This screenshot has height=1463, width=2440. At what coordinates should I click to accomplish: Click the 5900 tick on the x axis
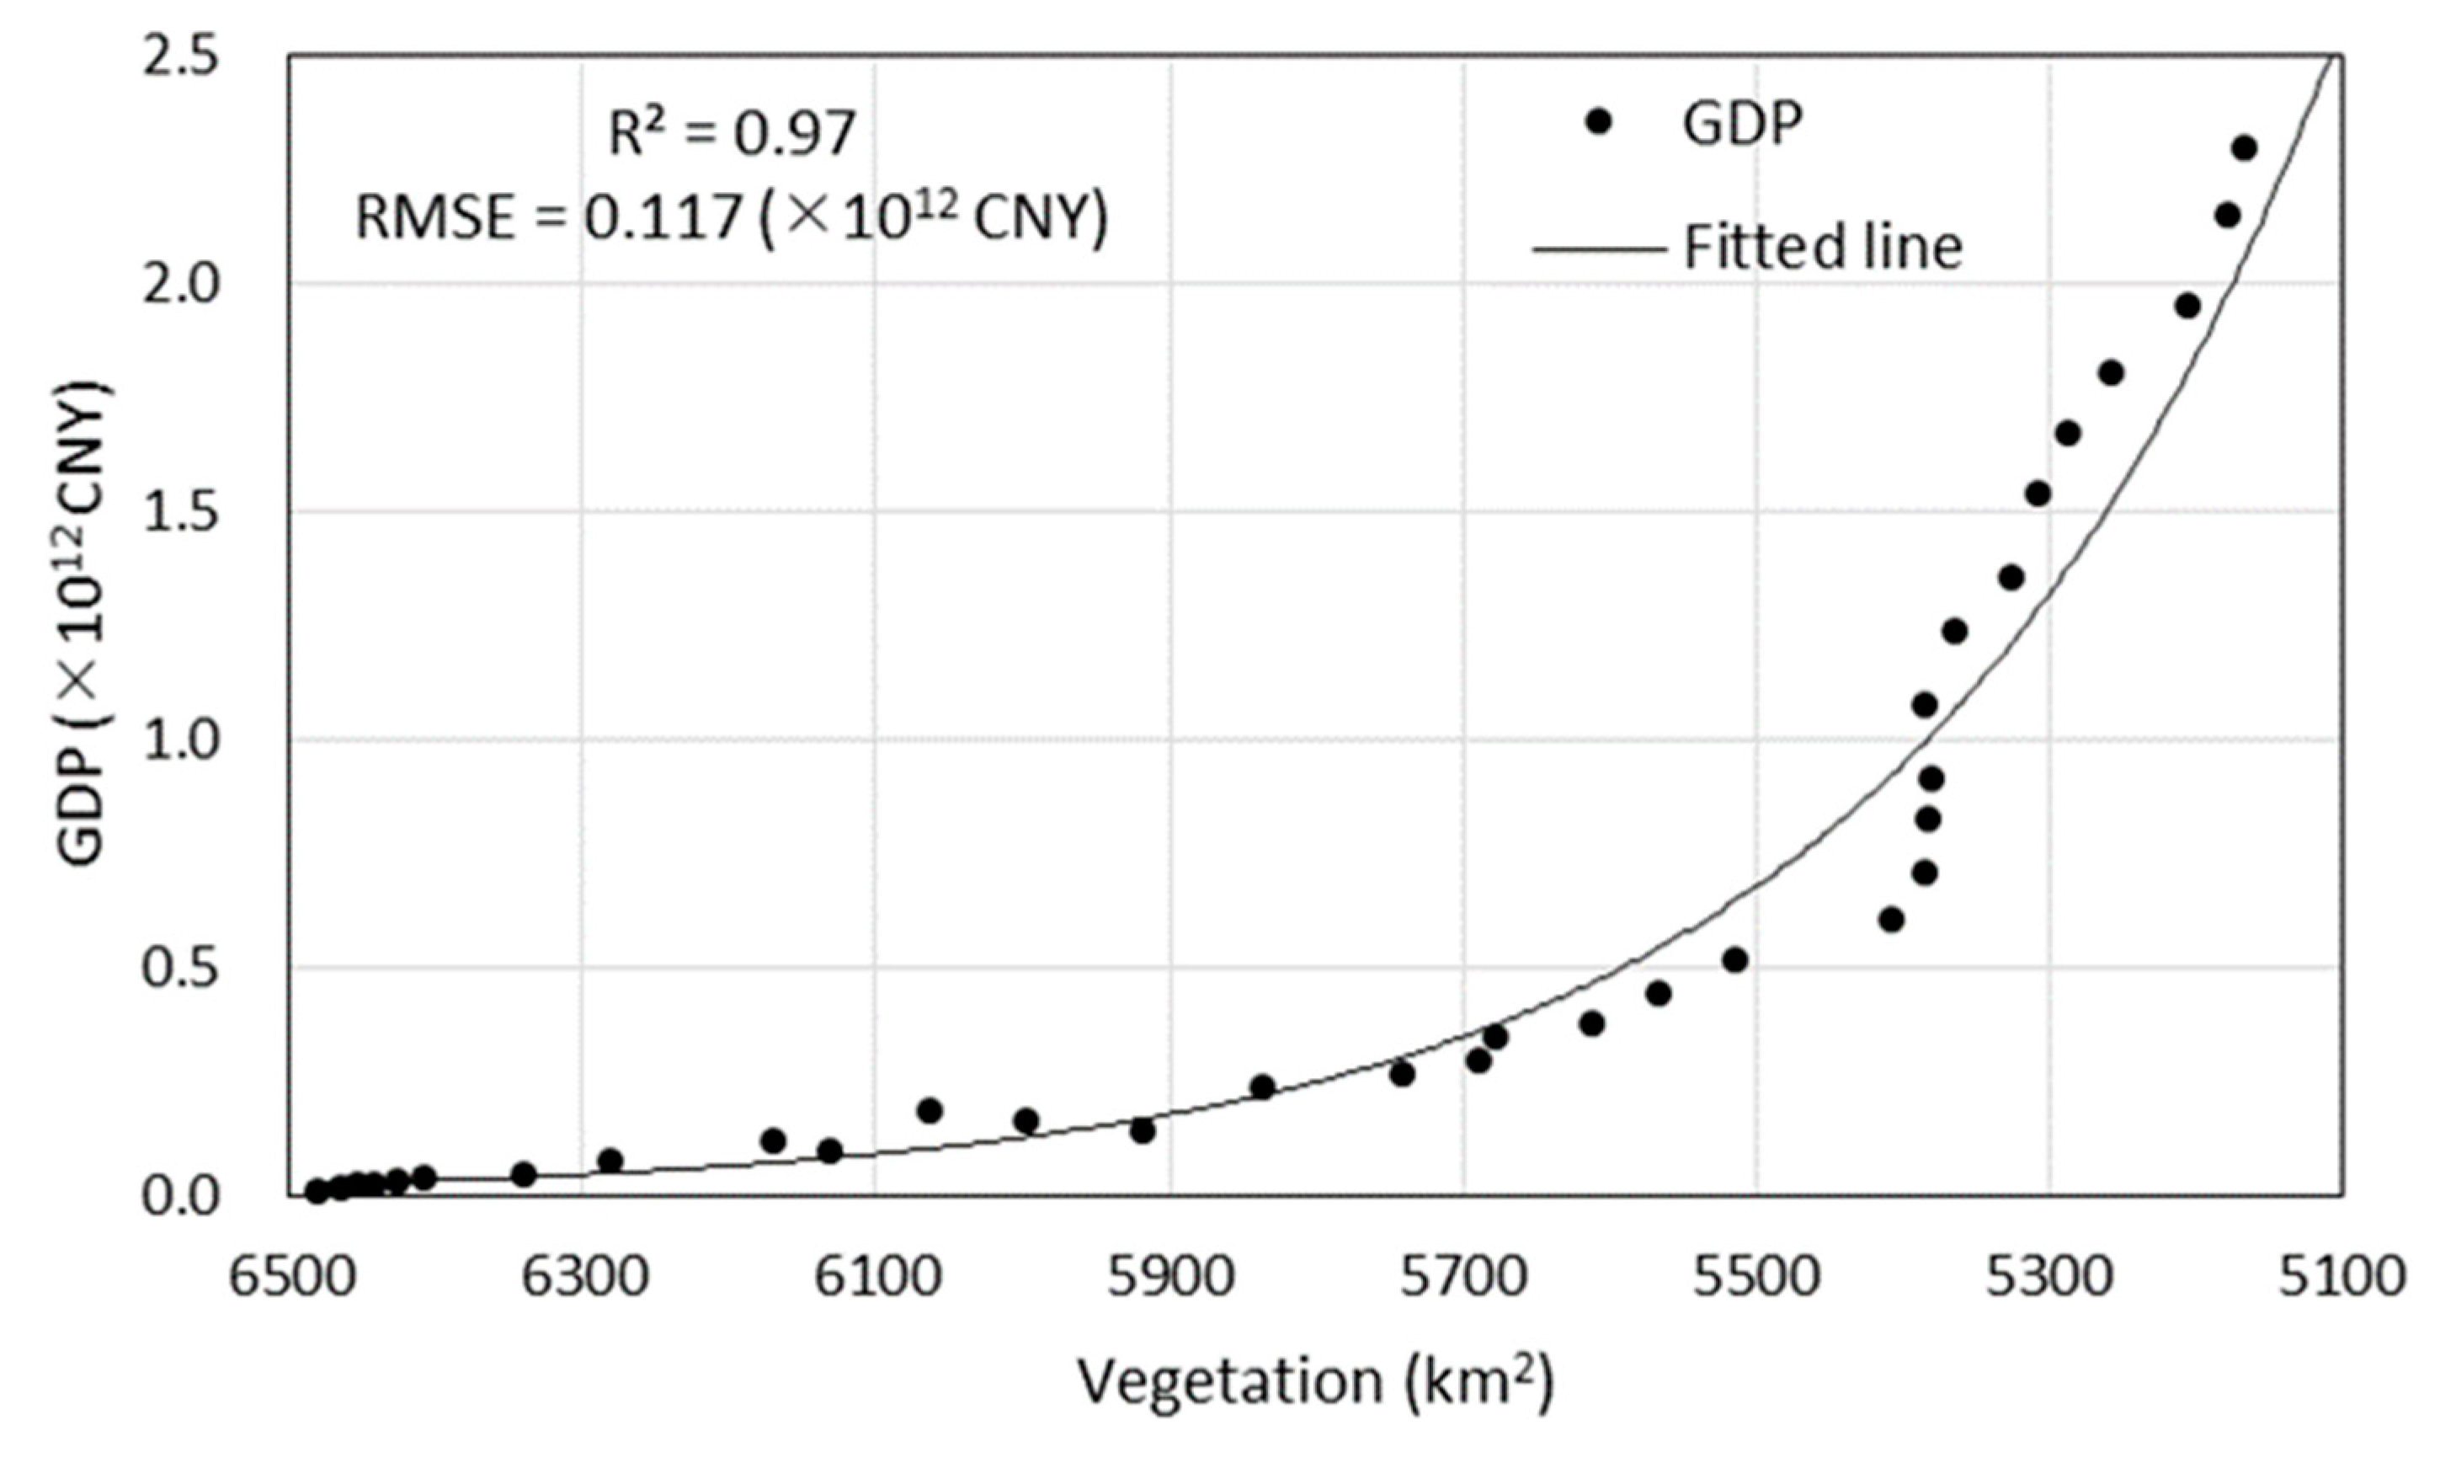[1170, 1279]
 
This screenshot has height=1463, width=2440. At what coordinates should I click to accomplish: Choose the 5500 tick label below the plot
[1757, 1279]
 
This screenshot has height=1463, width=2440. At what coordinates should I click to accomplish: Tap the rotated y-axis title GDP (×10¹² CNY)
[83, 623]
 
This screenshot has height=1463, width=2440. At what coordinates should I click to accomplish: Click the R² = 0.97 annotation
[731, 133]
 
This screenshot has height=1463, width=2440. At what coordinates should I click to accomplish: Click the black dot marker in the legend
[1598, 122]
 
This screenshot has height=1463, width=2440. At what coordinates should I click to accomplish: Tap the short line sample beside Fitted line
[1596, 248]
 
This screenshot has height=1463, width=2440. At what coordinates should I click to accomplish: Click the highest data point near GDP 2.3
[2244, 149]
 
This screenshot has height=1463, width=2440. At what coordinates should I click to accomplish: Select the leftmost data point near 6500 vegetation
[317, 1191]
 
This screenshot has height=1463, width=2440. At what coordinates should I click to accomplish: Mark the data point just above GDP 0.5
[1734, 959]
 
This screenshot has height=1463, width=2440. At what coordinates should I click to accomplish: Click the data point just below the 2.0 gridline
[2187, 306]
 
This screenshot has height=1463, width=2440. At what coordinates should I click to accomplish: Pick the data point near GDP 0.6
[1890, 920]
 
